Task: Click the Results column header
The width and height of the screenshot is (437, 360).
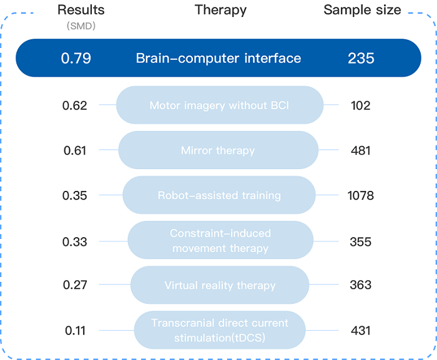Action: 81,10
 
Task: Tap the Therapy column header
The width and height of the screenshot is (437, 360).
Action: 220,11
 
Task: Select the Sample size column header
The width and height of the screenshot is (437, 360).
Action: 362,10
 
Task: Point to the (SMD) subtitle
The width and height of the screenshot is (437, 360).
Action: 81,26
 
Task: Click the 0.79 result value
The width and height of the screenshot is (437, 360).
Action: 76,58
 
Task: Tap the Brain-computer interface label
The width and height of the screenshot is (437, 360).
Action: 219,58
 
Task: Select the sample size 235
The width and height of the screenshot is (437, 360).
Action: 361,58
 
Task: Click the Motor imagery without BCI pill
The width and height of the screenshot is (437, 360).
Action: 220,105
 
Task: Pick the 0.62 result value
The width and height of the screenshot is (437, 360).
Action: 75,105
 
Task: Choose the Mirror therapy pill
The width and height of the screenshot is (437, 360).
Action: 219,150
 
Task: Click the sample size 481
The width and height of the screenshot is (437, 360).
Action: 361,151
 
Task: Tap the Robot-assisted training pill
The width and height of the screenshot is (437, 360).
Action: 219,195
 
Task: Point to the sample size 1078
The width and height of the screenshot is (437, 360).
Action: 361,196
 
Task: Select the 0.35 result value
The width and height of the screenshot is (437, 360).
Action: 75,196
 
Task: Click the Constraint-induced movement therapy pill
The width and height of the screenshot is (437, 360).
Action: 220,240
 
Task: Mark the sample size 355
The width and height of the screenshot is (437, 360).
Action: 361,242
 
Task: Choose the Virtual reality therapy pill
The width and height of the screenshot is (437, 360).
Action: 220,285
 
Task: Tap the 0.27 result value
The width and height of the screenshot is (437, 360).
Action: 75,285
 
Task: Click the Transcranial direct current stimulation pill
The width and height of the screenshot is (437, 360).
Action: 220,330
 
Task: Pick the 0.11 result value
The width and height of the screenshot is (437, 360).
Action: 76,331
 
